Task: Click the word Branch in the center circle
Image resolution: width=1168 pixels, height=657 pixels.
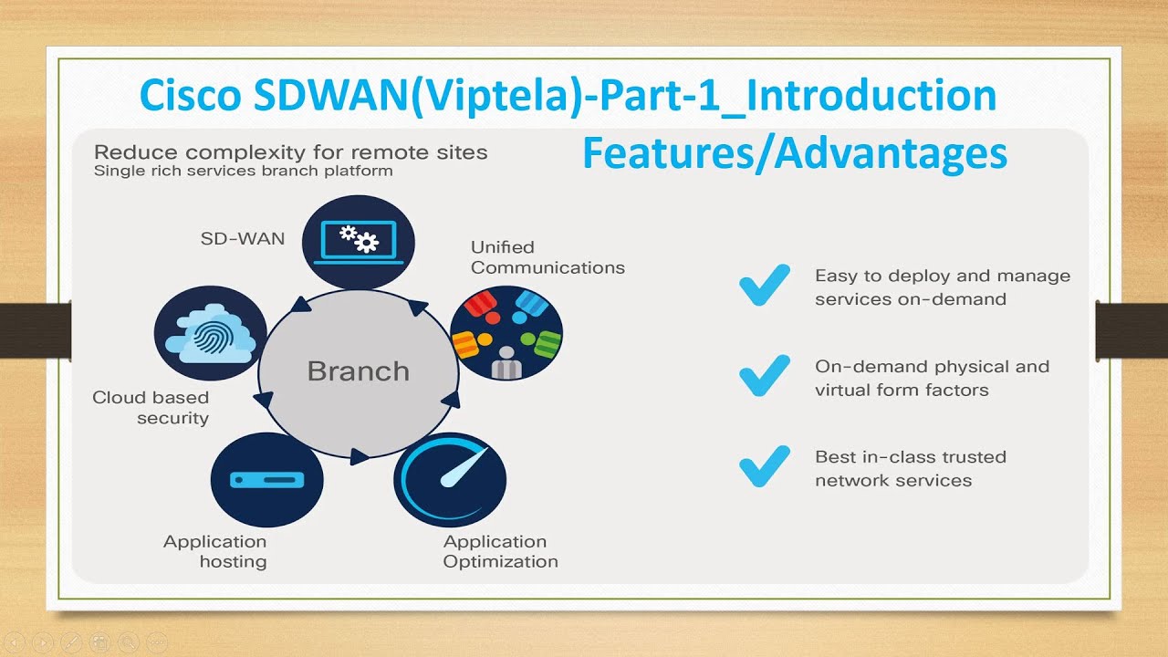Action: coord(358,371)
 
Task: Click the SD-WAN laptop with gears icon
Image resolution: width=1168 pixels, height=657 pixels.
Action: coord(358,242)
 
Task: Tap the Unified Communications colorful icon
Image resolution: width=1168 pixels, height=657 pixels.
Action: coord(506,332)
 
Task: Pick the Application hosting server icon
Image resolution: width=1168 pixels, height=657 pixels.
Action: coord(266,480)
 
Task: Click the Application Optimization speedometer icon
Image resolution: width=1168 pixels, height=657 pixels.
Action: coord(449,480)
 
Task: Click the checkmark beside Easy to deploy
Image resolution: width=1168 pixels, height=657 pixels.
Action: coord(764,286)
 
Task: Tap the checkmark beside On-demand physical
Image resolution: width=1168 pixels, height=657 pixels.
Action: coord(764,376)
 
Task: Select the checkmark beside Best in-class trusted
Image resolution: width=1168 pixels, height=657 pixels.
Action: coord(764,466)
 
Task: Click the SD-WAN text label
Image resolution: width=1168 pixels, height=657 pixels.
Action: coord(243,239)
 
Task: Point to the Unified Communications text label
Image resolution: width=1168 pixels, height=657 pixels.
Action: coord(547,257)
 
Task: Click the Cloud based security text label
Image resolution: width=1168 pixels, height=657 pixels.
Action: coord(151,408)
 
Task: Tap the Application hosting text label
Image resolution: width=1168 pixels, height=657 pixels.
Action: coord(215,551)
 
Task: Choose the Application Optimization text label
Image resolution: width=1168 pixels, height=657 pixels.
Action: coord(500,551)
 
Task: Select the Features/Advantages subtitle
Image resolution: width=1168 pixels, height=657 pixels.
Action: coord(794,153)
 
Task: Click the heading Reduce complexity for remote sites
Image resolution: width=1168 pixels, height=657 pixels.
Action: coord(291,152)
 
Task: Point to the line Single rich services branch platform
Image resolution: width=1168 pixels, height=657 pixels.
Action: coord(244,171)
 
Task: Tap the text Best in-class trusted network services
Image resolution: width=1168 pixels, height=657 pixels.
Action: coord(910,468)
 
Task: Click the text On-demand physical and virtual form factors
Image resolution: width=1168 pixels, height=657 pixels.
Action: coord(931,378)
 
